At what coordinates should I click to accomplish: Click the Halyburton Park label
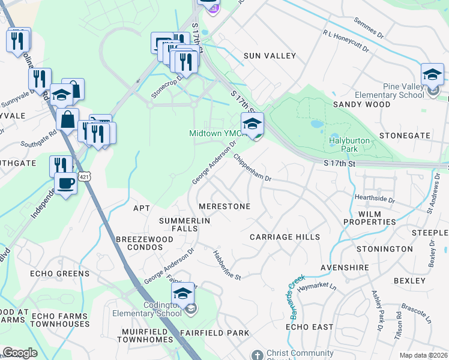tap(351, 144)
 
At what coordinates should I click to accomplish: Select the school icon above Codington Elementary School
tap(182, 293)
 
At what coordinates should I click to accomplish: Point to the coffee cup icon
tap(66, 182)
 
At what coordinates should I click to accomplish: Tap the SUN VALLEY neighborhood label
tap(270, 56)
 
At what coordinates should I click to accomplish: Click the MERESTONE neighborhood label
tap(224, 206)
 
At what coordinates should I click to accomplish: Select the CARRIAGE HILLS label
tap(285, 237)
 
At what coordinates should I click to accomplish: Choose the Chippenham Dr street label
tap(253, 169)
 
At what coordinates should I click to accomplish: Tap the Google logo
tap(20, 353)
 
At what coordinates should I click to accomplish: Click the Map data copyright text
tap(423, 355)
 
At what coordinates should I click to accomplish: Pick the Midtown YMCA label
tap(214, 133)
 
